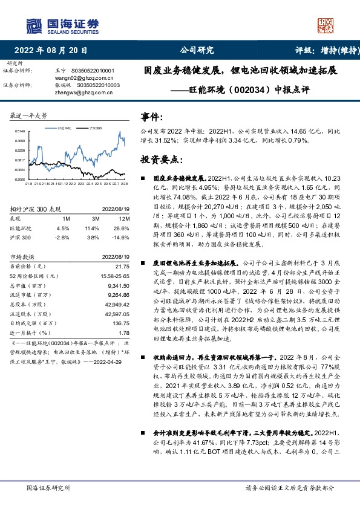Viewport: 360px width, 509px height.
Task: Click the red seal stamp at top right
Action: point(327,26)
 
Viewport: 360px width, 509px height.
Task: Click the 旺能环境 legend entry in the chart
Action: point(65,128)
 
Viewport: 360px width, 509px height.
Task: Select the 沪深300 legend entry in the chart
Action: point(94,128)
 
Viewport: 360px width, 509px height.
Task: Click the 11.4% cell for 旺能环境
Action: point(92,229)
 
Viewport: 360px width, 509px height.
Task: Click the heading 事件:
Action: point(152,115)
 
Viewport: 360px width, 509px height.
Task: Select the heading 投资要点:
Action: point(160,160)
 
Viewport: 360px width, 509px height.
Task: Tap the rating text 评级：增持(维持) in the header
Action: point(320,51)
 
